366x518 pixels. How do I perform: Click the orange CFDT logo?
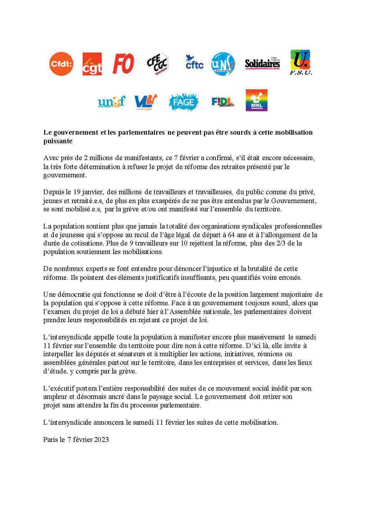coord(61,64)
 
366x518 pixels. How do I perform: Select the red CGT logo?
coord(92,64)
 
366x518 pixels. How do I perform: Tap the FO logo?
coord(123,64)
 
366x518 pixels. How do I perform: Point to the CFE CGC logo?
coord(157,64)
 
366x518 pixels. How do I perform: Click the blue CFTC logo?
coord(194,62)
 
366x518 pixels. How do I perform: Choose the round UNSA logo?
coord(223,64)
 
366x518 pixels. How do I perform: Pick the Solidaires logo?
coord(262,64)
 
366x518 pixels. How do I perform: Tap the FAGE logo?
coord(183,102)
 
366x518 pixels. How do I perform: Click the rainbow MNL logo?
coord(257,100)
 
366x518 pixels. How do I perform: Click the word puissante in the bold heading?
coord(58,141)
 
